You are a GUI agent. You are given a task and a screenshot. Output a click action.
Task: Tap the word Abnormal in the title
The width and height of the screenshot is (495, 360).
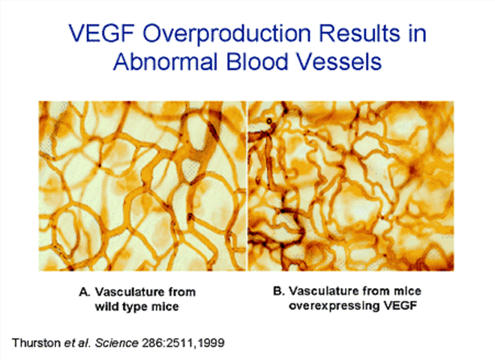pyautogui.click(x=166, y=61)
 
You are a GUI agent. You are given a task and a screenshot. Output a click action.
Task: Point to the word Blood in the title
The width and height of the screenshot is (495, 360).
pyautogui.click(x=257, y=61)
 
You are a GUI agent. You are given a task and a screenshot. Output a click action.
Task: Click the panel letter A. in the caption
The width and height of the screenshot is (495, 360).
pyautogui.click(x=85, y=292)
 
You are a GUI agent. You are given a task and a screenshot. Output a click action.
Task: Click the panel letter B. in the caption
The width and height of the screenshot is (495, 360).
pyautogui.click(x=279, y=291)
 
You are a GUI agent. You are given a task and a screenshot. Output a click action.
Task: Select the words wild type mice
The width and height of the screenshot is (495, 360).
pyautogui.click(x=136, y=307)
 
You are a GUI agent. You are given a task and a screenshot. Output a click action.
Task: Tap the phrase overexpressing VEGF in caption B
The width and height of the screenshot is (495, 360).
pyautogui.click(x=353, y=306)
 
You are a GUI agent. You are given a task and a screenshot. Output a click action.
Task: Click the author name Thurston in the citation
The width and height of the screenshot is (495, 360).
pyautogui.click(x=36, y=343)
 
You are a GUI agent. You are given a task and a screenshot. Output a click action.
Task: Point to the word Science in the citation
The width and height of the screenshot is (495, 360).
pyautogui.click(x=117, y=343)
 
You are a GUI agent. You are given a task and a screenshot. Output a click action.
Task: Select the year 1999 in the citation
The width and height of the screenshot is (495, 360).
pyautogui.click(x=211, y=343)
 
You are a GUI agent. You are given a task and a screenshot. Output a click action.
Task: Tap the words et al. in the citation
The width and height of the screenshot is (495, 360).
pyautogui.click(x=78, y=343)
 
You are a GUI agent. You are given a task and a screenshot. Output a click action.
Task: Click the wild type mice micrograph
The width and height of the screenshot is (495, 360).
pyautogui.click(x=142, y=186)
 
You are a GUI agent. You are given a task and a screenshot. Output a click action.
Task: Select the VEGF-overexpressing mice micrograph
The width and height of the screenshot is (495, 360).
pyautogui.click(x=351, y=186)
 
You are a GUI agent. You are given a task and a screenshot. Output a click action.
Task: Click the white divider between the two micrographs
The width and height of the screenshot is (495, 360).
pyautogui.click(x=247, y=186)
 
